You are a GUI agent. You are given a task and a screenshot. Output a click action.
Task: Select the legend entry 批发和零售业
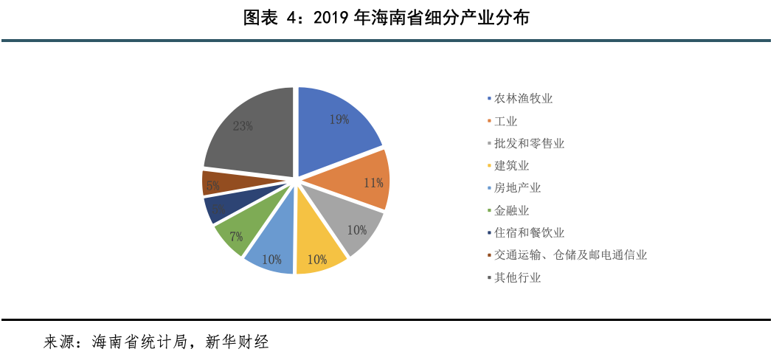point(529,144)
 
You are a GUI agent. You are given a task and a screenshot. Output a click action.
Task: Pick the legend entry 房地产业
point(517,188)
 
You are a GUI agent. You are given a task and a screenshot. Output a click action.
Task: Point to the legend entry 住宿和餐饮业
point(529,233)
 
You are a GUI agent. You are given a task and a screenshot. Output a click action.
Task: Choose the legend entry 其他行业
point(517,278)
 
